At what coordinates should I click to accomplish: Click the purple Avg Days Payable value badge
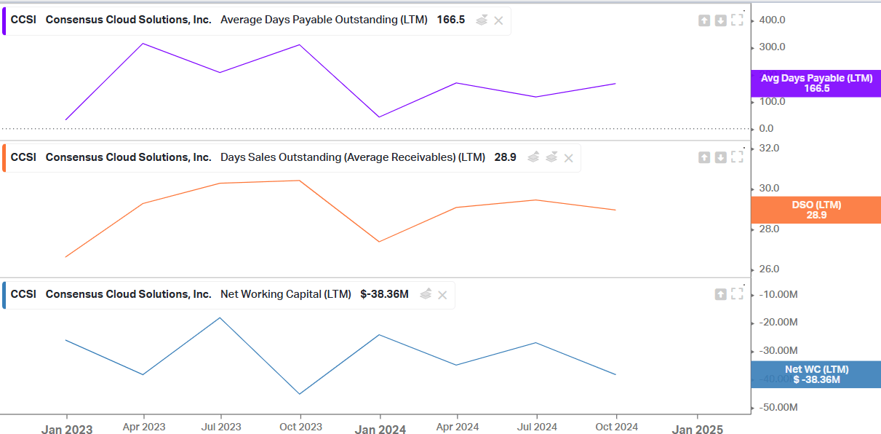tap(816, 83)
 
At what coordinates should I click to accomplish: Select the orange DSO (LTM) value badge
tap(816, 210)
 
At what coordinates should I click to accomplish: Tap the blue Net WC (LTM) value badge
tap(816, 374)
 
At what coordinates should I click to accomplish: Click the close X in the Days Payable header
tap(498, 20)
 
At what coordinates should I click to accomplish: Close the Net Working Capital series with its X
tap(442, 295)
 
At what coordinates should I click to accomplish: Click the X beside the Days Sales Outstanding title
tap(569, 158)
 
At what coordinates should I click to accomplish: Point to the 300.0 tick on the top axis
tap(772, 47)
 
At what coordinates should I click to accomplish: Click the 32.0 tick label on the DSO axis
tap(769, 148)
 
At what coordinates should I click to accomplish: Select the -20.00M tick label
tap(778, 323)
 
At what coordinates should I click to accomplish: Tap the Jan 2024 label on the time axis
tap(380, 430)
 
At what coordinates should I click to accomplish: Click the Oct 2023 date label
tap(300, 427)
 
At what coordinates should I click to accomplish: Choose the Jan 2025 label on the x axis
tap(698, 430)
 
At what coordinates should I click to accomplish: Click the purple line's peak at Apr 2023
tap(143, 44)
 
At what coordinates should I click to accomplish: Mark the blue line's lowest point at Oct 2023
tap(300, 394)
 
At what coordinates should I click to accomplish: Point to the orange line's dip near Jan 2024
tap(380, 242)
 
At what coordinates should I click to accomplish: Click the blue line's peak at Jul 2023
tap(220, 317)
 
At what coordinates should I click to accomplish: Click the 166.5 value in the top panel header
tap(450, 20)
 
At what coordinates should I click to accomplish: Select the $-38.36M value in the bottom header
tap(384, 294)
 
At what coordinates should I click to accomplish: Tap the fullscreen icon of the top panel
tap(737, 20)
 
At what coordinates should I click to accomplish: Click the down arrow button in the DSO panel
tap(720, 157)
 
